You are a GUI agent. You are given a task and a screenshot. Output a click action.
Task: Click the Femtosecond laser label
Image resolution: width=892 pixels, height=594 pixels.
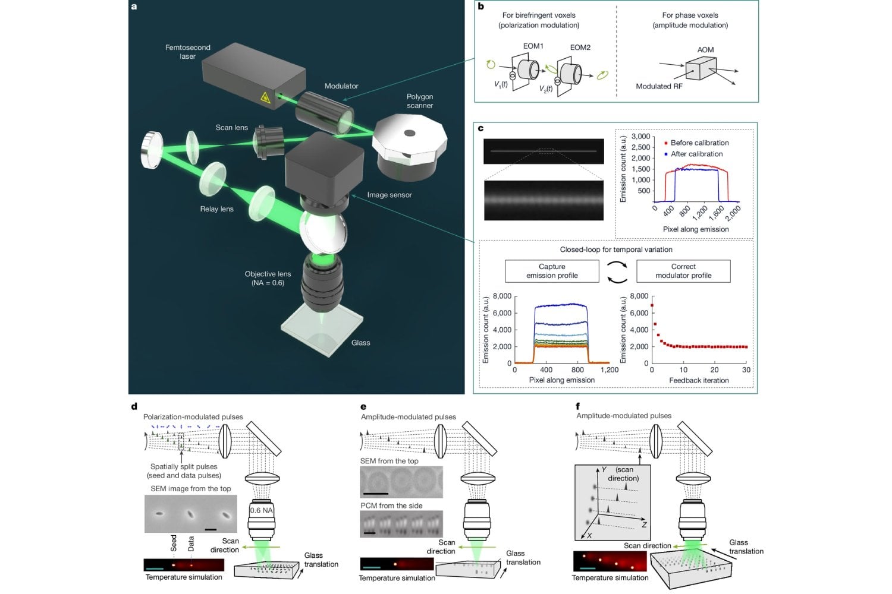tap(187, 52)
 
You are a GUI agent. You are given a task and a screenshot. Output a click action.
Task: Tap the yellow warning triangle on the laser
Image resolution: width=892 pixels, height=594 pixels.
tap(265, 97)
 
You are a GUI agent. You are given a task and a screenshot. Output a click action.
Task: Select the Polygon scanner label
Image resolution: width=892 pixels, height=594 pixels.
tap(420, 101)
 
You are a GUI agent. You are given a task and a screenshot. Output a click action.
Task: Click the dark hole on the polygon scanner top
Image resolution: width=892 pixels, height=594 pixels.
tap(409, 133)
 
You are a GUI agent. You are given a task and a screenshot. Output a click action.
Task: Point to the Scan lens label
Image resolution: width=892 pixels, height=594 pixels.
tap(231, 128)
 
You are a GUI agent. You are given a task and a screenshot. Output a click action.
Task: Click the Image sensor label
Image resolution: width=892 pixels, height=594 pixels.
tap(389, 195)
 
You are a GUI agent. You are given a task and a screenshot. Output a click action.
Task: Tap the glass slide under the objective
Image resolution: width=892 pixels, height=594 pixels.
tap(322, 333)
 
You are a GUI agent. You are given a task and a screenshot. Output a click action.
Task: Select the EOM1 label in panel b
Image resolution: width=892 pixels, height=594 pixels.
tap(533, 46)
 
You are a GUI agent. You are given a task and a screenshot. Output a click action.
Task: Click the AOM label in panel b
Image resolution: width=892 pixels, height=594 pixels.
tap(705, 50)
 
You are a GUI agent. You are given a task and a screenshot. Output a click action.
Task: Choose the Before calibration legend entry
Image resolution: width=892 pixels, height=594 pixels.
tap(699, 143)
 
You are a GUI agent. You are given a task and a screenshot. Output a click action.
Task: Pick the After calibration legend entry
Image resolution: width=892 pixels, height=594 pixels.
tap(696, 154)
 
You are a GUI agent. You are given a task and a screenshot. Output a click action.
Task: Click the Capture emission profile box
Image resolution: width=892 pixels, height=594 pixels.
tap(552, 271)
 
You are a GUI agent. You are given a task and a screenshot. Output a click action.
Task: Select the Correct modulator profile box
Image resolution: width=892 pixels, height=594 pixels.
tap(683, 271)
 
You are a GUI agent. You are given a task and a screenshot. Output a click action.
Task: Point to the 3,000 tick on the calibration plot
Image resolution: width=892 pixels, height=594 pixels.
tap(640, 137)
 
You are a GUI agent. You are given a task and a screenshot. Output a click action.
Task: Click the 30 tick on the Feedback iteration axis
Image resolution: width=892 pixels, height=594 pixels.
tap(746, 369)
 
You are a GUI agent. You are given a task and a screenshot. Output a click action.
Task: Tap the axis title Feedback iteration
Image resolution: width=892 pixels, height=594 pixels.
tap(699, 380)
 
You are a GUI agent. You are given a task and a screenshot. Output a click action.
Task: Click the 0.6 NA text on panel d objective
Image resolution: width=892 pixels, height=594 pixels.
tap(262, 510)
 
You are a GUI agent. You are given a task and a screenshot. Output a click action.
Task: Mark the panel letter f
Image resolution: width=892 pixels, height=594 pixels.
tap(578, 406)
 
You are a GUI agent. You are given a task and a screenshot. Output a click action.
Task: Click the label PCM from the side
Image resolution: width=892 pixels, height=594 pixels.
tap(391, 505)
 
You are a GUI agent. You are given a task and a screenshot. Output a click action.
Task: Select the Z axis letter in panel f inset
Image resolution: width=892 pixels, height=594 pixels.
tap(644, 525)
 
